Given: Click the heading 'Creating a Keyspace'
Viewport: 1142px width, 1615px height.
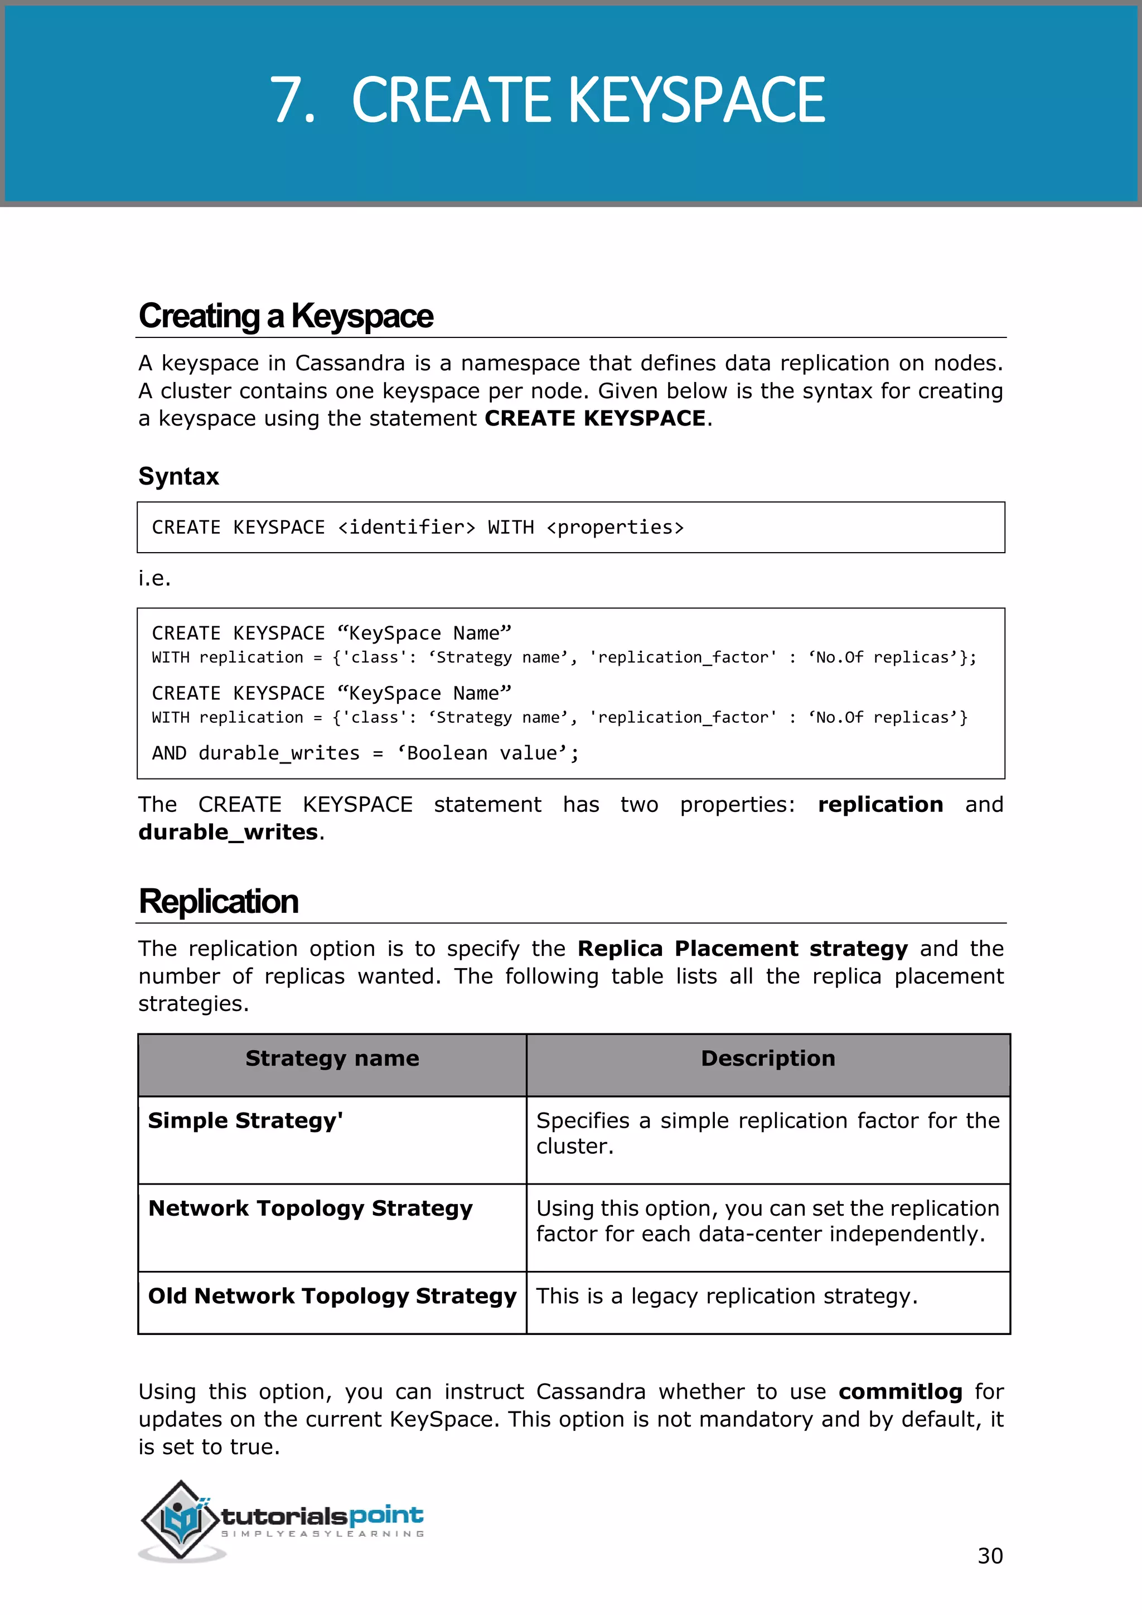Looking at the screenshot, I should click(285, 316).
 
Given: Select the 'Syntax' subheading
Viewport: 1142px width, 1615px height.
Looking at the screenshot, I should click(178, 477).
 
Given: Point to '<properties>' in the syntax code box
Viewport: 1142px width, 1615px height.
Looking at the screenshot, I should click(614, 528).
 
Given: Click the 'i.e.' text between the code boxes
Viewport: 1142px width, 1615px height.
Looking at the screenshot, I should click(154, 578).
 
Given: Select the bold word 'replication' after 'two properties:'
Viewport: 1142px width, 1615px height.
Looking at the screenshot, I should click(880, 805).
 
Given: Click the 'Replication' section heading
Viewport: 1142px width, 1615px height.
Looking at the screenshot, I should click(219, 902).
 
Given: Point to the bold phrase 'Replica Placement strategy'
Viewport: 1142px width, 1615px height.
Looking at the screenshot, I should click(743, 949).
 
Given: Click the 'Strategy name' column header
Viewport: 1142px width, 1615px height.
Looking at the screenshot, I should click(332, 1058).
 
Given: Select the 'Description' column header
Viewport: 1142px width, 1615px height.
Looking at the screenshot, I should click(768, 1058).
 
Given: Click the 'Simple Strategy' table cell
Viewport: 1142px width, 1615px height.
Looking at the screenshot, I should click(245, 1120).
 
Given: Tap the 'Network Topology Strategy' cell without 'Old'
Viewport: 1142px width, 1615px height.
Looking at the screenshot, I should click(310, 1208).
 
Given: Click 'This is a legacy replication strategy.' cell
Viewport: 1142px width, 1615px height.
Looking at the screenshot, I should click(727, 1297).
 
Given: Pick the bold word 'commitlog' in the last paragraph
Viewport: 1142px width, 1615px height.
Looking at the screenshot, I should click(900, 1392).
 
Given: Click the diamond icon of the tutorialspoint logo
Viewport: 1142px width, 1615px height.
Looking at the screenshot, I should click(181, 1519).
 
